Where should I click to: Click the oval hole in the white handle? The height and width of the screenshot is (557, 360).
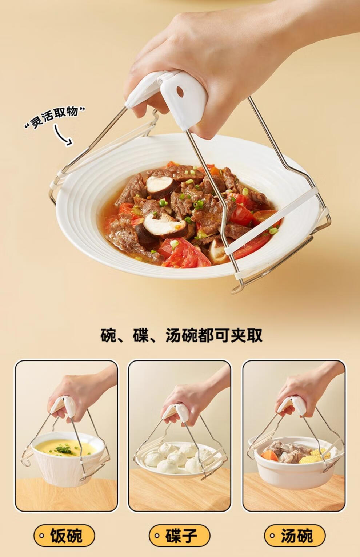coord(180,92)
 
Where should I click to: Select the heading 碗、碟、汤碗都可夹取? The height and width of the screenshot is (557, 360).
coord(181,335)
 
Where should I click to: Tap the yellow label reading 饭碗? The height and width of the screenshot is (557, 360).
coord(64,536)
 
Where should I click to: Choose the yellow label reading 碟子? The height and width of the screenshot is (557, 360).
coord(179,536)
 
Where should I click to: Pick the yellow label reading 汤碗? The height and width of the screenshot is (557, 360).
coord(295,536)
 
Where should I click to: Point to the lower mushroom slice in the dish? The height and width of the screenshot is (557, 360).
coord(164,226)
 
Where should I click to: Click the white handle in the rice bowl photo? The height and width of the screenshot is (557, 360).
coord(64,407)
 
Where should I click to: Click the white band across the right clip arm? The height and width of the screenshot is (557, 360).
coord(271,221)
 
